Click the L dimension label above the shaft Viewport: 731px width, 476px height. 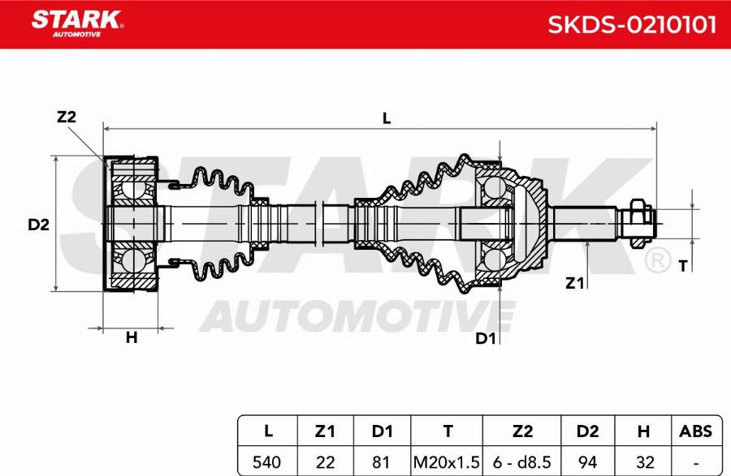click(x=387, y=118)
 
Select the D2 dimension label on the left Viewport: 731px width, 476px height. click(x=38, y=225)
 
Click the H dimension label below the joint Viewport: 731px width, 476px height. click(x=131, y=338)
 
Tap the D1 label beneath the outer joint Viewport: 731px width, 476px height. click(x=486, y=338)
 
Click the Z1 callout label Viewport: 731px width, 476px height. click(x=575, y=282)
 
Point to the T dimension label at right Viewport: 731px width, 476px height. click(x=682, y=265)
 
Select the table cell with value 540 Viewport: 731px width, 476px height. click(x=267, y=462)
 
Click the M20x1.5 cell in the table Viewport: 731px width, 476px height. click(x=447, y=462)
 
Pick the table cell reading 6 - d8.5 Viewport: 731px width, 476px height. click(x=521, y=462)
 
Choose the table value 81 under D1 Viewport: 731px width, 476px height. click(x=383, y=462)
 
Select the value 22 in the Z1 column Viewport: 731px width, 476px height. click(x=325, y=462)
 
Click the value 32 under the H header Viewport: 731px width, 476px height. click(x=645, y=462)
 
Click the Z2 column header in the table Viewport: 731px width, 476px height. click(x=521, y=431)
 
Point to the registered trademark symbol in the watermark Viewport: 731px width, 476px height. click(x=656, y=261)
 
